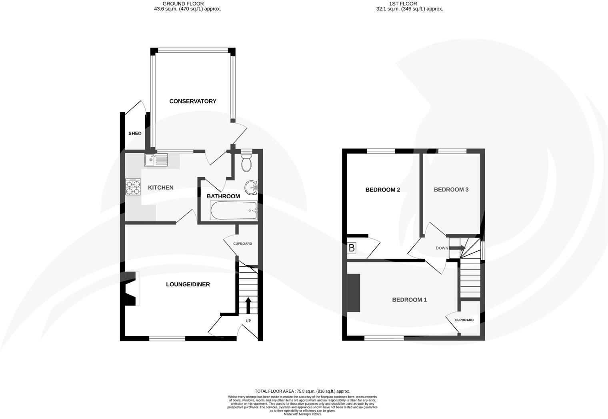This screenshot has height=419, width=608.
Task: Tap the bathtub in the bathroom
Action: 234,210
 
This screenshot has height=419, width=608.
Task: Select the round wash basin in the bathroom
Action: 251,186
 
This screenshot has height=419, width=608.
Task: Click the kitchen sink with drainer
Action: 156,160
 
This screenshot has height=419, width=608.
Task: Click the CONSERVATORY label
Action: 192,101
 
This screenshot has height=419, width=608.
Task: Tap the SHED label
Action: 135,134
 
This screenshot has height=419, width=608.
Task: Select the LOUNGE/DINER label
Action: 188,284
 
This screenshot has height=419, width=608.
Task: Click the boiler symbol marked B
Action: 352,248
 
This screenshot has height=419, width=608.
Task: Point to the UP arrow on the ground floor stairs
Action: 248,305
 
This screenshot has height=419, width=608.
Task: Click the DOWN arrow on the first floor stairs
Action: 457,248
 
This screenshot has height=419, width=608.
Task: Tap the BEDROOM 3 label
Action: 451,190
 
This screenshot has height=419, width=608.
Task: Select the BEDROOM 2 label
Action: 382,190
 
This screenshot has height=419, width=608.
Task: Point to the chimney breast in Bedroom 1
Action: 354,293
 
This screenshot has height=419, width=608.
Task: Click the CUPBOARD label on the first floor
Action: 464,320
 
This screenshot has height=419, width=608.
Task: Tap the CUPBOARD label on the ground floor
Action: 243,243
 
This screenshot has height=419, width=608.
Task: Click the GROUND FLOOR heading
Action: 187,4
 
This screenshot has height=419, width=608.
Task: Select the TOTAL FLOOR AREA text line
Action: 302,391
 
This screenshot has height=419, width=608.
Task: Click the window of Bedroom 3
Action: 452,151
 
